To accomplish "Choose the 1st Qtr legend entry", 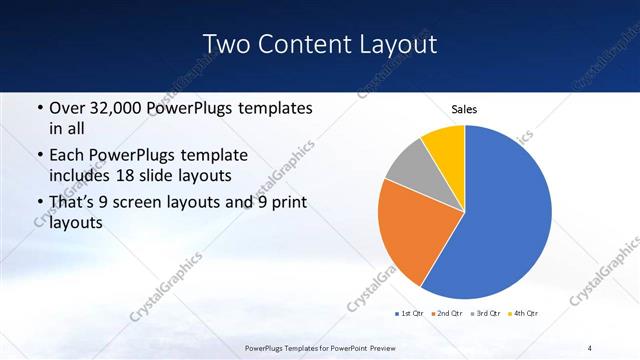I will click(410, 314).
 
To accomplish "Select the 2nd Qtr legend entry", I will click(446, 314).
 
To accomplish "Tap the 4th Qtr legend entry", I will click(521, 314).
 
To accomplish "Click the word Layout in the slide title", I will click(396, 44).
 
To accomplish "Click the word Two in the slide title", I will click(228, 44).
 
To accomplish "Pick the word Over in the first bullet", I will click(66, 106).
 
